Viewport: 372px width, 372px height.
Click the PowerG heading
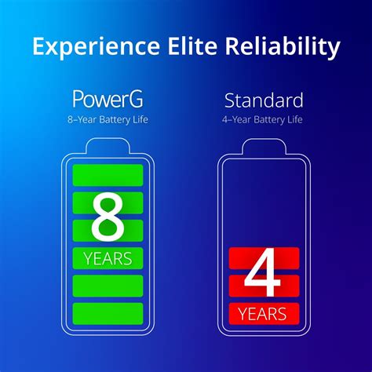(108, 100)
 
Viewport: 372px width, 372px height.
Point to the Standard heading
(264, 100)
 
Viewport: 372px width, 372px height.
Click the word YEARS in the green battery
(108, 257)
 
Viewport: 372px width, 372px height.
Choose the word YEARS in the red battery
(264, 315)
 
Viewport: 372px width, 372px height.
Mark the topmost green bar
(108, 175)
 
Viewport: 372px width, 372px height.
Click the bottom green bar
(108, 313)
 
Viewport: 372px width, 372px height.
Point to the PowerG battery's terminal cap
(108, 146)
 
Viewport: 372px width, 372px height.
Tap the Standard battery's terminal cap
(264, 146)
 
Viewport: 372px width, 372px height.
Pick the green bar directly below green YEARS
(108, 285)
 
